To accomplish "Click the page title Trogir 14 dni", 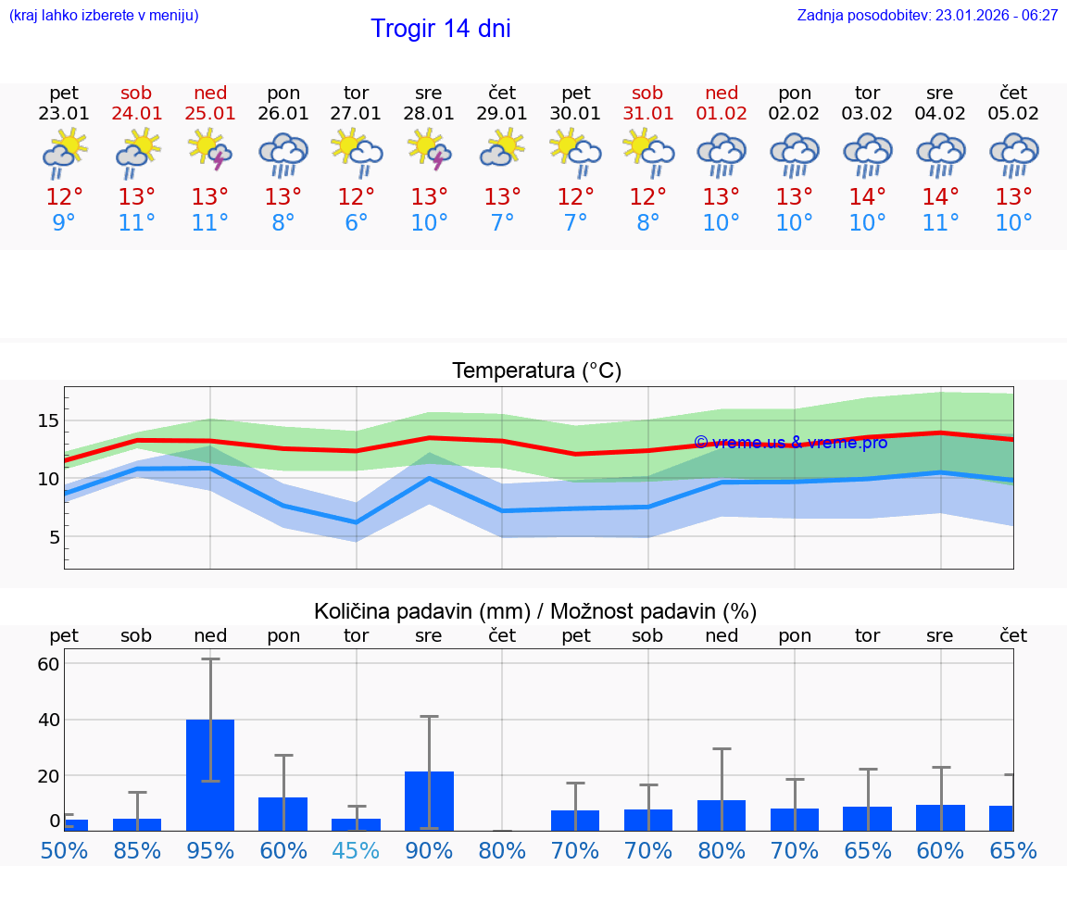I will click(x=440, y=29).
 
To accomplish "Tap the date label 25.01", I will click(x=210, y=114).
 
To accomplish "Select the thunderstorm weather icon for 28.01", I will click(x=429, y=150).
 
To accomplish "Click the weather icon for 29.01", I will click(x=502, y=150).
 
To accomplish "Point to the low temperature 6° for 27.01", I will click(x=356, y=223).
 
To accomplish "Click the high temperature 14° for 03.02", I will click(x=867, y=197).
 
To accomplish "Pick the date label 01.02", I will click(x=722, y=114).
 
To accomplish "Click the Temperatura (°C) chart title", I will click(x=536, y=371).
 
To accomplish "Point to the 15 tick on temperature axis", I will click(x=49, y=421).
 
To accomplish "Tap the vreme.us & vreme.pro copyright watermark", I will click(x=790, y=443).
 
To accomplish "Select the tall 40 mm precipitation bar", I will click(x=210, y=774).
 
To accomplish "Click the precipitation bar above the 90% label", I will click(x=429, y=800).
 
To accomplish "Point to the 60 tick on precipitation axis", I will click(x=48, y=664).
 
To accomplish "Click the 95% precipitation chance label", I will click(x=210, y=851).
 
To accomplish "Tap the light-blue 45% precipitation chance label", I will click(x=356, y=851).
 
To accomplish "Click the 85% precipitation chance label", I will click(x=137, y=851).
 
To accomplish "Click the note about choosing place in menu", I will click(x=104, y=15).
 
